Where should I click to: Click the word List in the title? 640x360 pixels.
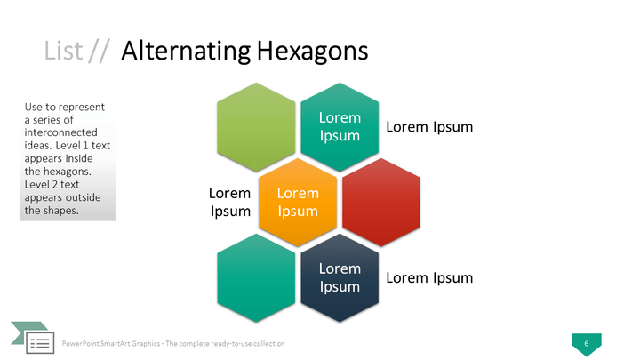tap(63, 51)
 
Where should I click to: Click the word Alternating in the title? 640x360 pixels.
tap(186, 52)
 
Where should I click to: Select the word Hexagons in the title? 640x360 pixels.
tap(313, 52)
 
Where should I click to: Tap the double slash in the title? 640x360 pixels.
tap(100, 52)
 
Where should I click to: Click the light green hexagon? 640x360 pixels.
tap(256, 127)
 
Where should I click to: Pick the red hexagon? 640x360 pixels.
tap(381, 203)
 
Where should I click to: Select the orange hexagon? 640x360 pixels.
tap(298, 203)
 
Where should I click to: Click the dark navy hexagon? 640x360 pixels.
tap(340, 278)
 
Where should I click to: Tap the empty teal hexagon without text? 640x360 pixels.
tap(256, 278)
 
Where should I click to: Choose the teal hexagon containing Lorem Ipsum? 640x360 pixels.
tap(340, 127)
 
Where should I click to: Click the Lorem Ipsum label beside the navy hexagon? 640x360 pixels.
tap(429, 278)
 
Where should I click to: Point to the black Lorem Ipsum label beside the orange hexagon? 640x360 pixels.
tap(230, 202)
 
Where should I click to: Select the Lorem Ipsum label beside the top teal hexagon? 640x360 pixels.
tap(429, 127)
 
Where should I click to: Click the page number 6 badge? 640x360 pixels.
tap(587, 344)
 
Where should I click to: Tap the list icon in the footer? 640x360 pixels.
tap(40, 342)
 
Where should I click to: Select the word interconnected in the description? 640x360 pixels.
tap(60, 132)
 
